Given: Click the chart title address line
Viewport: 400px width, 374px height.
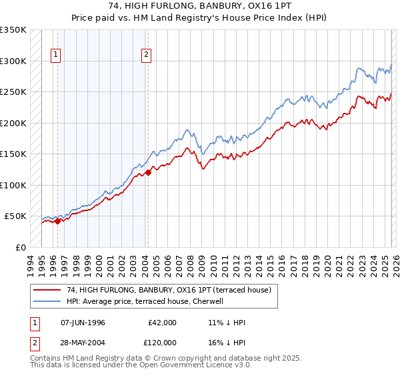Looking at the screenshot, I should [200, 6].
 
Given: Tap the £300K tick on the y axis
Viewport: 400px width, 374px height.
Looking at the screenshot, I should [13, 61].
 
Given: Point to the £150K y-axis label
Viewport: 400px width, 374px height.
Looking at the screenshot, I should [13, 154].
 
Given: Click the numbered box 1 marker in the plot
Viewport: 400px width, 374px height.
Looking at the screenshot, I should [57, 55].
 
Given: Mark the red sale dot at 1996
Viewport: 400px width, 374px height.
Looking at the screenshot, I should [58, 221].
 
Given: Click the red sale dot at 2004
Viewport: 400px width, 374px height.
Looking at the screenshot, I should [148, 172].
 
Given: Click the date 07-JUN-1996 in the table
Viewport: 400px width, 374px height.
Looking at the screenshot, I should [83, 323].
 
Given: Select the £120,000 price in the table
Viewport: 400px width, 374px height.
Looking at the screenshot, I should [162, 341].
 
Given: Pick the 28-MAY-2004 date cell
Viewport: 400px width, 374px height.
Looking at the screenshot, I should [83, 341].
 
